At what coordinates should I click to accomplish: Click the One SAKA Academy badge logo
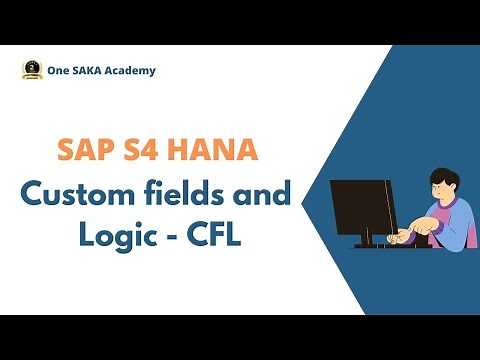tap(31, 70)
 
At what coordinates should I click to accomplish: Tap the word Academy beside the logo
tap(130, 71)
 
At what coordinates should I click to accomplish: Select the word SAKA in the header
tap(88, 71)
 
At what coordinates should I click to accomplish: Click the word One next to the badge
tap(59, 71)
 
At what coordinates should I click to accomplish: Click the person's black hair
tap(444, 180)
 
